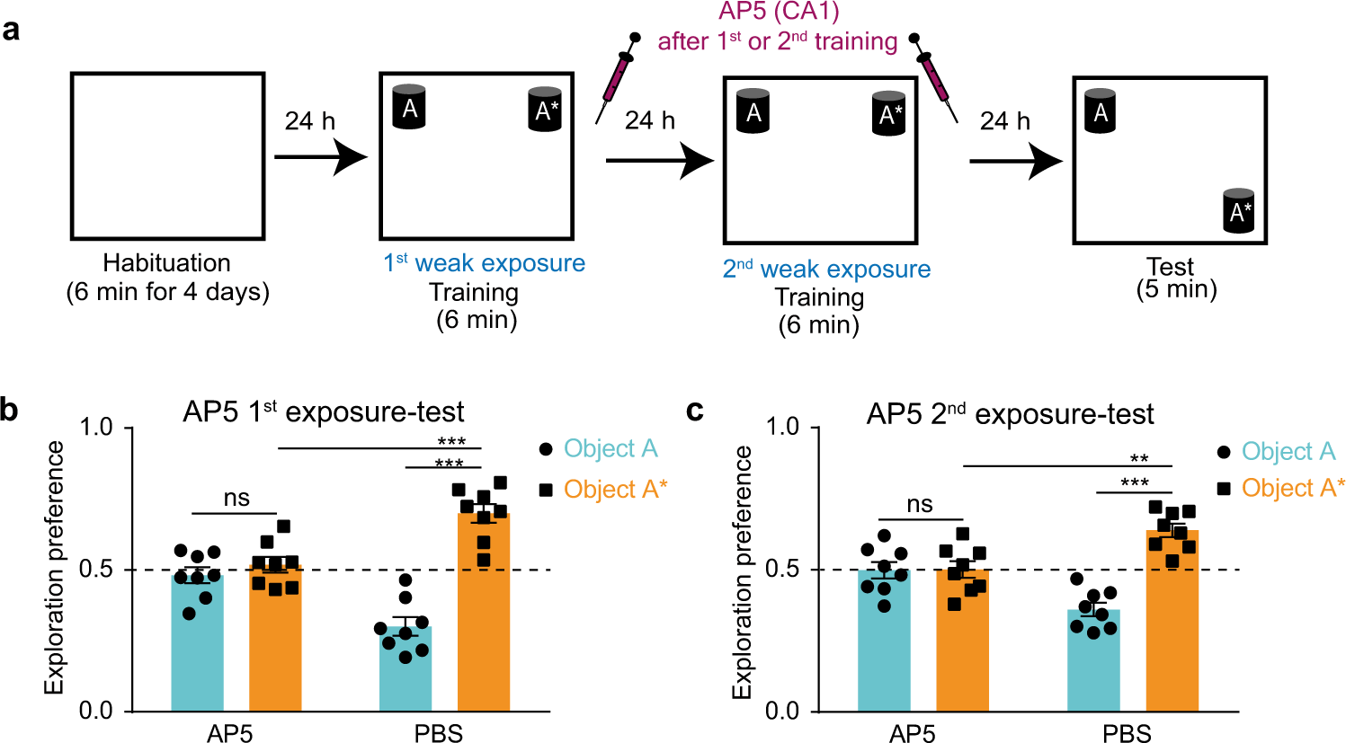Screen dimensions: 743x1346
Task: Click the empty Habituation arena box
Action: [167, 156]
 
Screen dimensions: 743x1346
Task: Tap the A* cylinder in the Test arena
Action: [1240, 210]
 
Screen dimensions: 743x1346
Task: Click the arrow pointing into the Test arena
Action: [1016, 163]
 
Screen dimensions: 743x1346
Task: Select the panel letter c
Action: [694, 411]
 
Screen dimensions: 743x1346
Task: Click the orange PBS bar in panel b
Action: [483, 611]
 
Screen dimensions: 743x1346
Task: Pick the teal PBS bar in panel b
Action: [405, 668]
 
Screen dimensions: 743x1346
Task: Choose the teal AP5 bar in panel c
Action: [884, 640]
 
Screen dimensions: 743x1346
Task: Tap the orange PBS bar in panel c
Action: [1172, 620]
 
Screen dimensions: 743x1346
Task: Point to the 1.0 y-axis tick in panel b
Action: [96, 428]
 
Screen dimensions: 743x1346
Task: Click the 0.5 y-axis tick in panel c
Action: [783, 570]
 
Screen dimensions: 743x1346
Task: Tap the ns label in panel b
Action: [236, 499]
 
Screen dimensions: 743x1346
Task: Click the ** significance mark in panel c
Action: [1139, 459]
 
